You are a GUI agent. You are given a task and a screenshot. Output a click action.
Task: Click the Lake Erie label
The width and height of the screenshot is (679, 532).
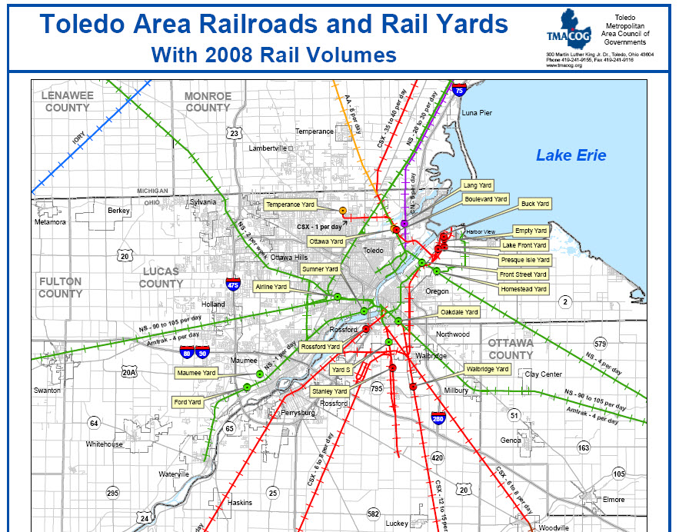pyautogui.click(x=571, y=155)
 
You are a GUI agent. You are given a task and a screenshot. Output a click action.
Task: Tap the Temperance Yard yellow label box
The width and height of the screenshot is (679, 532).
pyautogui.click(x=290, y=204)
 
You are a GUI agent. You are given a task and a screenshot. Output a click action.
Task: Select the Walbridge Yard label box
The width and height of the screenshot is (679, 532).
pyautogui.click(x=488, y=369)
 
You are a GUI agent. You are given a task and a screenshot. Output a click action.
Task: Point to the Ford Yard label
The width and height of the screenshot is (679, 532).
pyautogui.click(x=188, y=402)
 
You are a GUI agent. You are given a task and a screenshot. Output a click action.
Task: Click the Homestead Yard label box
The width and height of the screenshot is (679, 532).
pyautogui.click(x=523, y=289)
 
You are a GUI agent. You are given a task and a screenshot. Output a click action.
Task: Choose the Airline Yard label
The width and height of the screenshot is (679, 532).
pyautogui.click(x=271, y=286)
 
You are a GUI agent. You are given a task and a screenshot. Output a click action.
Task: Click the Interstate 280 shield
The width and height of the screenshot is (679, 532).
pyautogui.click(x=438, y=418)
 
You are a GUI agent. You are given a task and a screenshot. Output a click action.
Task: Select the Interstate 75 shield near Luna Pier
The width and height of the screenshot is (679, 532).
pyautogui.click(x=459, y=89)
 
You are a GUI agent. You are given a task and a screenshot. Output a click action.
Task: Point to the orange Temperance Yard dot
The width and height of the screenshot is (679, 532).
pyautogui.click(x=342, y=211)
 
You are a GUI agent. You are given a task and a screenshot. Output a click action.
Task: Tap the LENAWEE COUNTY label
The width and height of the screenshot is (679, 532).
pyautogui.click(x=68, y=101)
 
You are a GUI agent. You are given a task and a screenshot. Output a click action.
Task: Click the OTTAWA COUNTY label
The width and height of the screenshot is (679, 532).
pyautogui.click(x=511, y=349)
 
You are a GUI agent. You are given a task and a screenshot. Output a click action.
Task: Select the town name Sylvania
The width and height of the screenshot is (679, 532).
pyautogui.click(x=203, y=202)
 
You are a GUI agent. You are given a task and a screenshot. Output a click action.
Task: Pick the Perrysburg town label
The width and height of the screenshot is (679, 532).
pyautogui.click(x=299, y=413)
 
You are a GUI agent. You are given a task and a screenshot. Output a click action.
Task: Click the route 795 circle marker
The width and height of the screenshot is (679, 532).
pyautogui.click(x=376, y=388)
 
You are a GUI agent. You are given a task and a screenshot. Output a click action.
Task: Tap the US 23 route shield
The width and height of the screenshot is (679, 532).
pyautogui.click(x=234, y=133)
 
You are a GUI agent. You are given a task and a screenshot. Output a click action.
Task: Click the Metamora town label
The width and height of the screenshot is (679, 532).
pyautogui.click(x=51, y=222)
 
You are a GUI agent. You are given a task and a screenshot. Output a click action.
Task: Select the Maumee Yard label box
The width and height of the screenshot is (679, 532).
pyautogui.click(x=196, y=372)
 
